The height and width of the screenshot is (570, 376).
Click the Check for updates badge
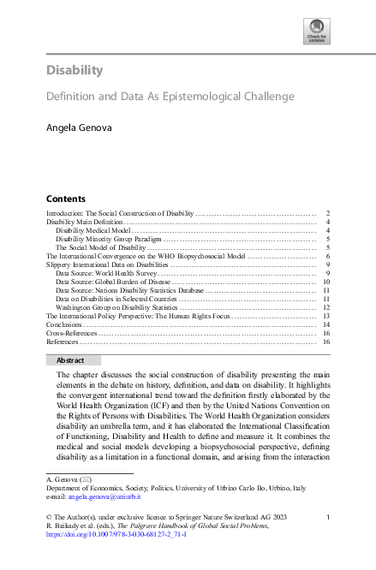(x=316, y=33)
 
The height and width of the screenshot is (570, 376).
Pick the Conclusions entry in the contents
(x=65, y=325)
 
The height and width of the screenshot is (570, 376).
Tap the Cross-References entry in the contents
(x=71, y=334)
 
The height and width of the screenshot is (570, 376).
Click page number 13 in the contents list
(x=326, y=317)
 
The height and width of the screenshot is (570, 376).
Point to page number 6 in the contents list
(x=328, y=256)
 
